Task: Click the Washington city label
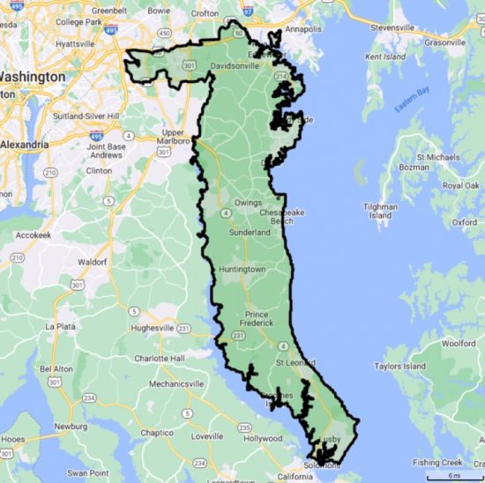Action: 35,77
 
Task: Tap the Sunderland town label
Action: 250,233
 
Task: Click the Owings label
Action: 248,202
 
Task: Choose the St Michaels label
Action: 438,156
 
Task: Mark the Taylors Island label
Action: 399,366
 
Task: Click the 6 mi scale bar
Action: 452,476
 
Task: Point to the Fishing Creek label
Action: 438,463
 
